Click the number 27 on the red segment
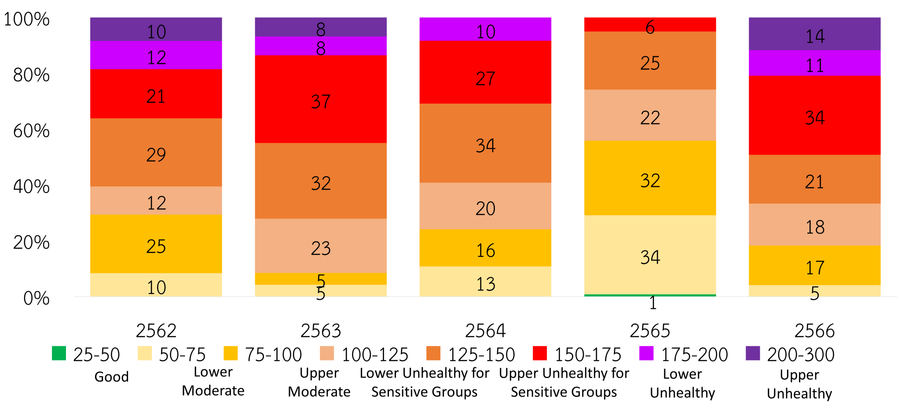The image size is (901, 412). point(485,79)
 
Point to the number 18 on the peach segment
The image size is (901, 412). point(815,227)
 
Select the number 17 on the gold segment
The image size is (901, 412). point(815,268)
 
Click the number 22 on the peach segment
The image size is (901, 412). point(650,118)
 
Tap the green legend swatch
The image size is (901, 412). point(59,353)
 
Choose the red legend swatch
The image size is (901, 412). point(540,353)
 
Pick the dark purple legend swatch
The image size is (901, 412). point(753,353)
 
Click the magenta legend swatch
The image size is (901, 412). point(646,353)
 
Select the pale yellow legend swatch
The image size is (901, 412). point(145,353)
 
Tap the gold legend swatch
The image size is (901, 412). point(231,353)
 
